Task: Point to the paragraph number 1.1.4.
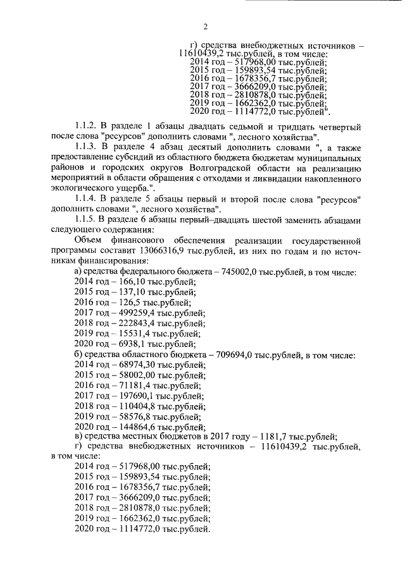click(87, 199)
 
